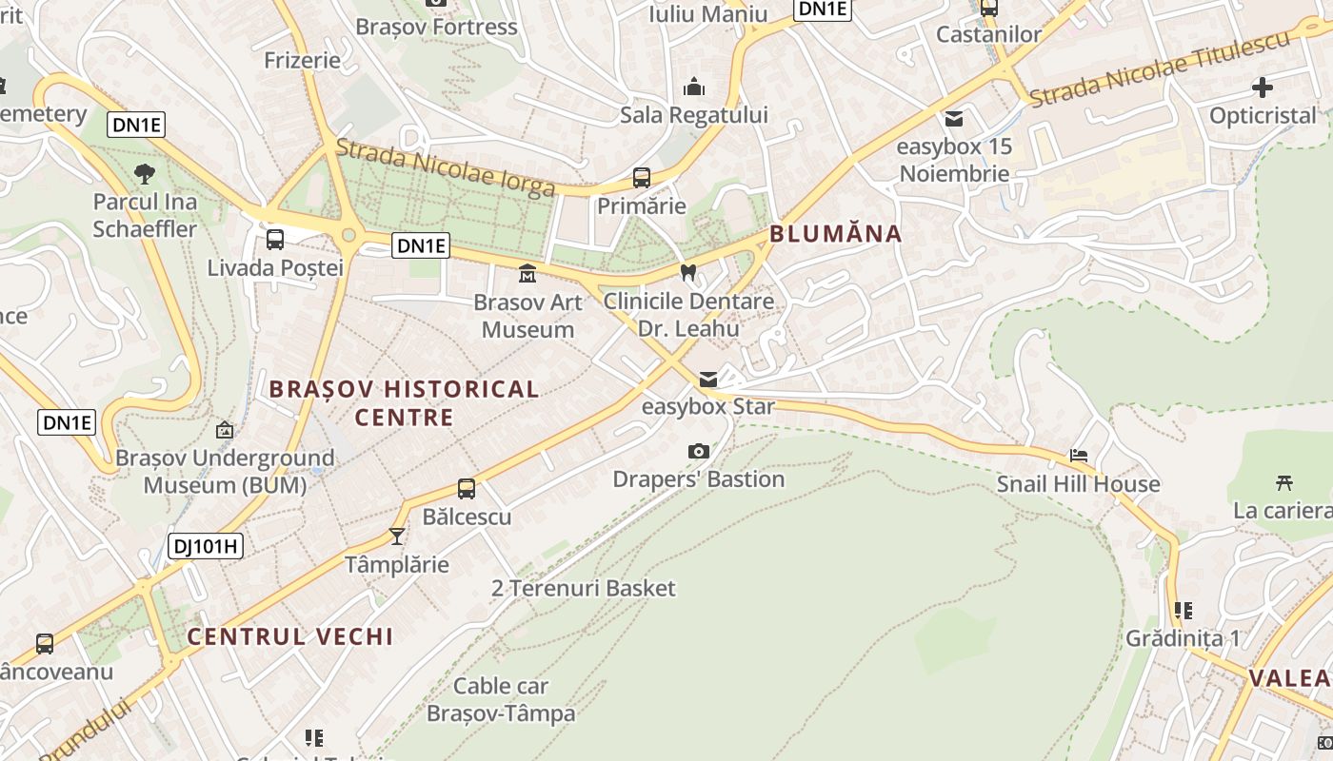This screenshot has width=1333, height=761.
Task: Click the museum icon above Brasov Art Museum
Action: pyautogui.click(x=527, y=274)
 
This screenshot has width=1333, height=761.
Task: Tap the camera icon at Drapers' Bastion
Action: pyautogui.click(x=698, y=451)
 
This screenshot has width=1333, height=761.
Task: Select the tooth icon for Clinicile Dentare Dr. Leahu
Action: pyautogui.click(x=688, y=272)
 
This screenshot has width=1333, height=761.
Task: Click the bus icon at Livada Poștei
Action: pyautogui.click(x=274, y=239)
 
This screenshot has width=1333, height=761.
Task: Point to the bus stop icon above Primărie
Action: pyautogui.click(x=641, y=177)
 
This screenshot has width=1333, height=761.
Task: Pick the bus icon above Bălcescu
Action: pyautogui.click(x=466, y=489)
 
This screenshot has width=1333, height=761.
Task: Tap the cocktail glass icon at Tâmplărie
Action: pyautogui.click(x=397, y=537)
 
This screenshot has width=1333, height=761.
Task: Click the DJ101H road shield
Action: pyautogui.click(x=206, y=546)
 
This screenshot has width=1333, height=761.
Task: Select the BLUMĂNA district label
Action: pyautogui.click(x=835, y=234)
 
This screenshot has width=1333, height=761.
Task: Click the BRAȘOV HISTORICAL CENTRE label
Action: pyautogui.click(x=404, y=402)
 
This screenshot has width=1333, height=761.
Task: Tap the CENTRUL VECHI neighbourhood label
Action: pyautogui.click(x=290, y=636)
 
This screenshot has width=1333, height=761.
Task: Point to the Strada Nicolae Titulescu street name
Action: pyautogui.click(x=1160, y=68)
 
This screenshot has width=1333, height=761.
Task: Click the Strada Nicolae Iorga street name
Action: pyautogui.click(x=445, y=167)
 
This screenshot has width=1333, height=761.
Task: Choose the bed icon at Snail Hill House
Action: pyautogui.click(x=1078, y=456)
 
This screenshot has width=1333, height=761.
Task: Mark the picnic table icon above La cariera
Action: pyautogui.click(x=1283, y=482)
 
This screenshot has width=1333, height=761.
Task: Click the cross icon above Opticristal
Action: pyautogui.click(x=1262, y=88)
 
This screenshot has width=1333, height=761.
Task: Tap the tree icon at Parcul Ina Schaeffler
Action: pyautogui.click(x=145, y=173)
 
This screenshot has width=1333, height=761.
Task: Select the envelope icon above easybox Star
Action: pyautogui.click(x=707, y=380)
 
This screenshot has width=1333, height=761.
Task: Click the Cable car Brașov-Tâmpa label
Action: pyautogui.click(x=501, y=699)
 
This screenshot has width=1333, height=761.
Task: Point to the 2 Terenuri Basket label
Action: pyautogui.click(x=583, y=588)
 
